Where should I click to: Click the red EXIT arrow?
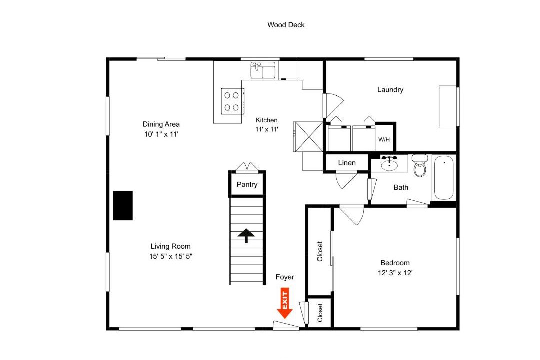pyautogui.click(x=285, y=303)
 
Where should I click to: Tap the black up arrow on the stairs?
pyautogui.click(x=246, y=236)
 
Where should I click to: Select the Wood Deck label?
pyautogui.click(x=286, y=25)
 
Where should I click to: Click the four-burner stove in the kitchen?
pyautogui.click(x=232, y=101)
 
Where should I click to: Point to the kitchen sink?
pyautogui.click(x=263, y=70)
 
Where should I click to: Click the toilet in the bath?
pyautogui.click(x=420, y=165)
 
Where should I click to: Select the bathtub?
pyautogui.click(x=444, y=178)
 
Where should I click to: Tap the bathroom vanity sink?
pyautogui.click(x=389, y=163)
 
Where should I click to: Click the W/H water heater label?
pyautogui.click(x=384, y=140)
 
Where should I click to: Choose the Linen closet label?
pyautogui.click(x=347, y=163)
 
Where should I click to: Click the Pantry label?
pyautogui.click(x=247, y=184)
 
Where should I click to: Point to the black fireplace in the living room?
pyautogui.click(x=123, y=205)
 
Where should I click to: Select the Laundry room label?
pyautogui.click(x=390, y=90)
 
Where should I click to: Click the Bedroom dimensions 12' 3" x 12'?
pyautogui.click(x=395, y=273)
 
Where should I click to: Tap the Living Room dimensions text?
pyautogui.click(x=171, y=256)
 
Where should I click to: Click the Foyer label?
pyautogui.click(x=285, y=277)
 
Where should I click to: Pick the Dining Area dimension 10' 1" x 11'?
pyautogui.click(x=161, y=134)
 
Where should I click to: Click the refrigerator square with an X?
pyautogui.click(x=308, y=137)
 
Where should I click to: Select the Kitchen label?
pyautogui.click(x=267, y=120)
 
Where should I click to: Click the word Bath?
pyautogui.click(x=401, y=188)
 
